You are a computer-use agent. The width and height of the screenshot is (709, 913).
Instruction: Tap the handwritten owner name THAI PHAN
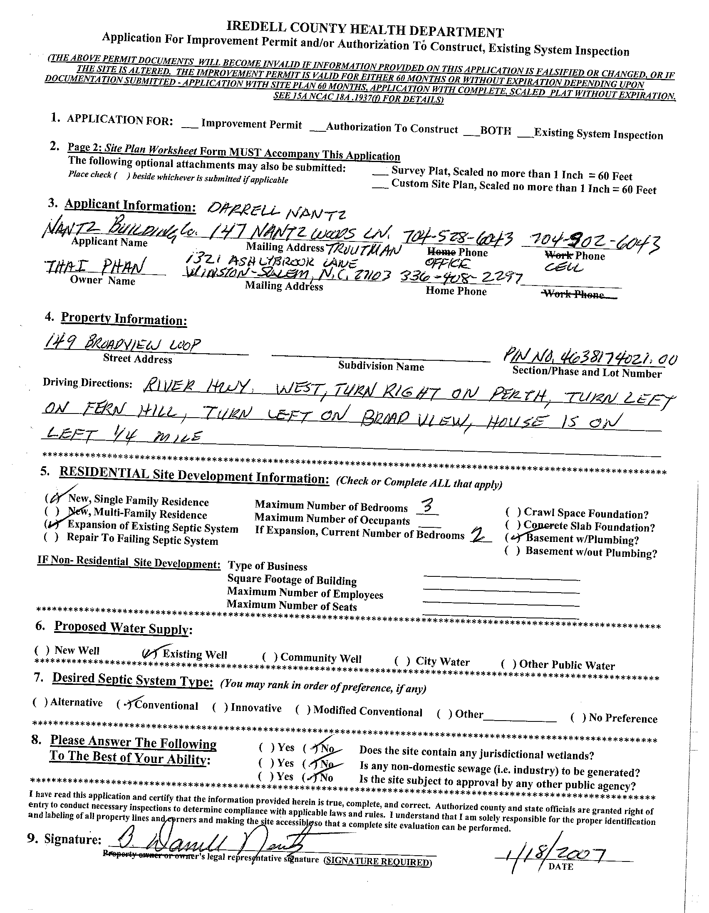[95, 266]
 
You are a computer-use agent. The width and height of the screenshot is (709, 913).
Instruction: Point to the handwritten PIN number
[590, 357]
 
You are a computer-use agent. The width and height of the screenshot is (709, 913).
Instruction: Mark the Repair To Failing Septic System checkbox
[51, 537]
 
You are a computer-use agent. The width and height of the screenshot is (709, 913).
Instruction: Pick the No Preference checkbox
[578, 717]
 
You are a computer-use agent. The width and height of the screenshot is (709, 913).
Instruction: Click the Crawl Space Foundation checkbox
[513, 512]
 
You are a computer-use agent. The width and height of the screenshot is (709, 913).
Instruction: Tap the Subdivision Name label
[381, 366]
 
